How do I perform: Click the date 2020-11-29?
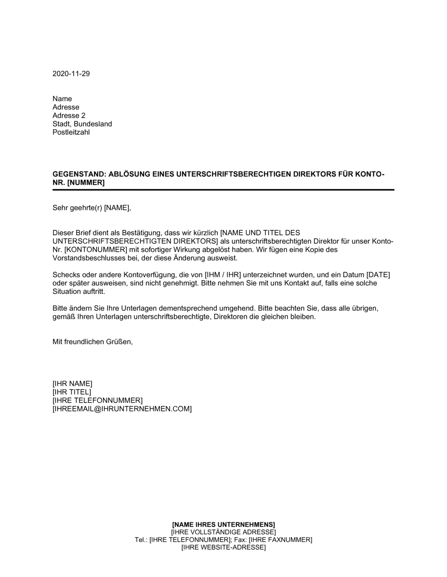pos(71,74)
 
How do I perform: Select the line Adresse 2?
pos(69,115)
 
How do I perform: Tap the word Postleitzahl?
pos(71,132)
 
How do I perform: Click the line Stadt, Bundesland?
pos(82,124)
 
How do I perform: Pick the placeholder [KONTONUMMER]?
pos(96,250)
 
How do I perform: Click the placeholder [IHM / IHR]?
pos(219,275)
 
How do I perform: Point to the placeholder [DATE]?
pos(375,275)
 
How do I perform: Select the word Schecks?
pos(65,275)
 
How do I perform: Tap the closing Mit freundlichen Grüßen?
pos(93,342)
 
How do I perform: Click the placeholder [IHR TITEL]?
pos(72,392)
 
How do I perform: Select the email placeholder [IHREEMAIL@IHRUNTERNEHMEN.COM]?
pos(122,409)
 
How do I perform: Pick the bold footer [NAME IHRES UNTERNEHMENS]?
pos(223,524)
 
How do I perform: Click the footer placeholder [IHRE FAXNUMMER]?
pos(280,540)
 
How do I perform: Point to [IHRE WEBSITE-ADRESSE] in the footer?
pos(223,547)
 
